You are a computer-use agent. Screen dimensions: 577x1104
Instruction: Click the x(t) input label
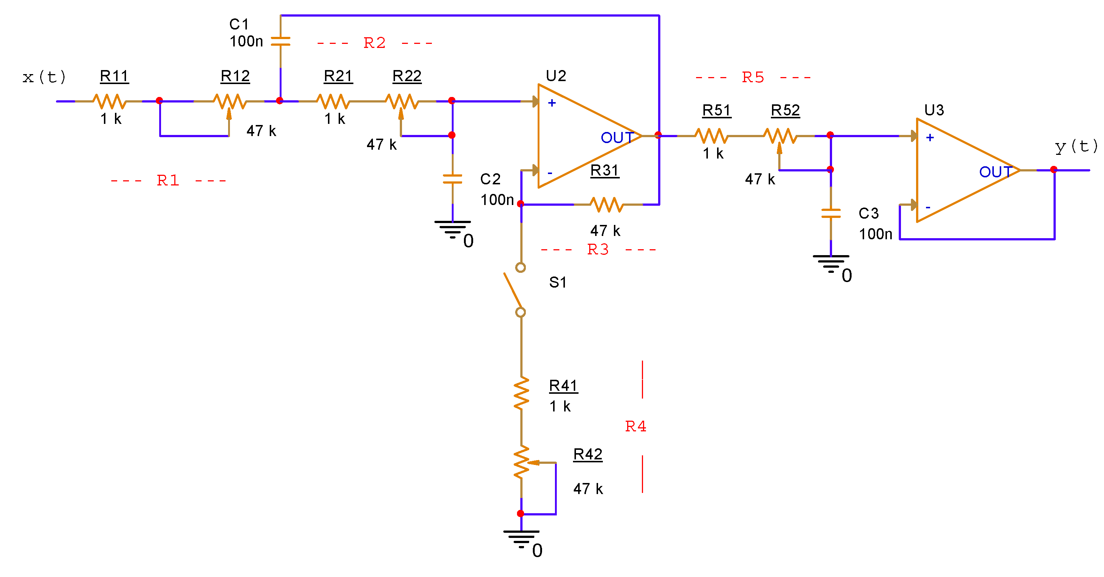[x=44, y=77]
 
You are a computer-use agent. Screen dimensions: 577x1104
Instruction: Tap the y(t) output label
[x=1076, y=147]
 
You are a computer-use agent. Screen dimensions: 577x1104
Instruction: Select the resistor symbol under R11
[x=110, y=102]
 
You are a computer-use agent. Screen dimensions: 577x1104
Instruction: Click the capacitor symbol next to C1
[x=281, y=42]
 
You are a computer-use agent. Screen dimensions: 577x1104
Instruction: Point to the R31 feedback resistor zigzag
[x=607, y=205]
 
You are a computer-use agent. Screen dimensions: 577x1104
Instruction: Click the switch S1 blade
[x=513, y=291]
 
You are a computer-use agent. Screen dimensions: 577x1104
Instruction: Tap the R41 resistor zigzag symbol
[x=521, y=393]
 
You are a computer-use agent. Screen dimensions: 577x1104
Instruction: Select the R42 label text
[x=588, y=454]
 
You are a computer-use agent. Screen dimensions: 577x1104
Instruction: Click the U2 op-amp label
[x=556, y=76]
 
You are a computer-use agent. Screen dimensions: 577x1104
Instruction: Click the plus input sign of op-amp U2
[x=552, y=103]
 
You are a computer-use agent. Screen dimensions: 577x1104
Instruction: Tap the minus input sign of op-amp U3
[x=928, y=208]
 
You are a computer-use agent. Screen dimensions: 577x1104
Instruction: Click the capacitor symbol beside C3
[x=831, y=213]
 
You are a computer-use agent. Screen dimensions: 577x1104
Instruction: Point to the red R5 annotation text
[x=753, y=77]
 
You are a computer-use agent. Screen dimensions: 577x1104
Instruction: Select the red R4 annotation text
[x=636, y=427]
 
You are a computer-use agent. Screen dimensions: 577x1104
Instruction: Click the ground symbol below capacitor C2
[x=453, y=229]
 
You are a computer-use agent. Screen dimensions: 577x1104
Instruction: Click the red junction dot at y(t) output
[x=1054, y=170]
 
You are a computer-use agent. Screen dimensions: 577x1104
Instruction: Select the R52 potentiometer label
[x=785, y=111]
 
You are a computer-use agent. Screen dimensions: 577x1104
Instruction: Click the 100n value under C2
[x=497, y=200]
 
